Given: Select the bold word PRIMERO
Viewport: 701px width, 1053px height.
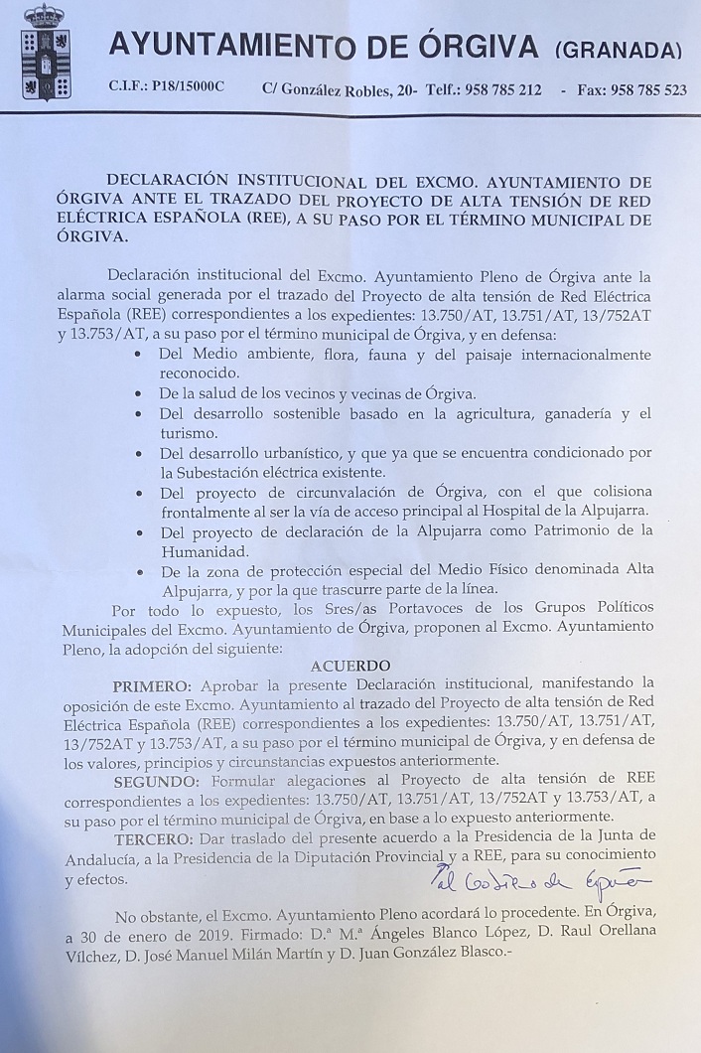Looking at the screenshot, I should [153, 684].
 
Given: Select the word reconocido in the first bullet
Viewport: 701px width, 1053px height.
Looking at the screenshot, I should [200, 373].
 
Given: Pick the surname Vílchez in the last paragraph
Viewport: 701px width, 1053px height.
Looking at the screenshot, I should [94, 956].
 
